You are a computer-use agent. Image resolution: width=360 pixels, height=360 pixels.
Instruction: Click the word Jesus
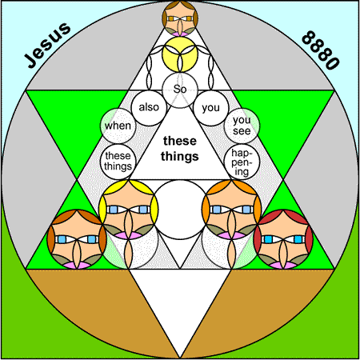48,45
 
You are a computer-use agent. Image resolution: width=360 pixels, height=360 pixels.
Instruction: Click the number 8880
321,50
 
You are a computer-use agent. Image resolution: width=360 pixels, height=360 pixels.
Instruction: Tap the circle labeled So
180,90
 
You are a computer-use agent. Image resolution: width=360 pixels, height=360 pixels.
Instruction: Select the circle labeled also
149,108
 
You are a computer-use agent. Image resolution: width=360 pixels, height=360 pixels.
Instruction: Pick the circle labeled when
118,126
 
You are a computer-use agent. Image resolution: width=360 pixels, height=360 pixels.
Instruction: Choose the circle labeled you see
242,126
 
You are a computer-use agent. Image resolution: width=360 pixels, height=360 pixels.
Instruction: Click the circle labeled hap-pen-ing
242,162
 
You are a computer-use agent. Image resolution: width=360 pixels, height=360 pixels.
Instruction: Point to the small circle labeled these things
118,162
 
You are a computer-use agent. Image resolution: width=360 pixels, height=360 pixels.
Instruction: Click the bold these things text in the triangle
180,149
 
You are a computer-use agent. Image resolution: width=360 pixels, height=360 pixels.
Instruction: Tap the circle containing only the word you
211,108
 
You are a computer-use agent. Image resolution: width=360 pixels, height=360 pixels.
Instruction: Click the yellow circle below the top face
180,54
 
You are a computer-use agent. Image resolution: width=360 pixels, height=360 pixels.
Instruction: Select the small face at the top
180,18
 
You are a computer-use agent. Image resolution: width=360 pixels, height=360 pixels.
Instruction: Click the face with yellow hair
128,210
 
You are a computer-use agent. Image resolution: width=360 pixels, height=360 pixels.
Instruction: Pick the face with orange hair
231,210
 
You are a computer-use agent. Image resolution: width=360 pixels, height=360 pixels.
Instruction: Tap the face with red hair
283,239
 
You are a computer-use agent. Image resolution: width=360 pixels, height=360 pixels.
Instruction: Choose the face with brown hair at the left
77,239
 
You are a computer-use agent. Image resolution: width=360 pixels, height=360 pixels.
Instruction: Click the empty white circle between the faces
180,210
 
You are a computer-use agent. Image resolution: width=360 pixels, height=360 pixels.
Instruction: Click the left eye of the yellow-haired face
114,210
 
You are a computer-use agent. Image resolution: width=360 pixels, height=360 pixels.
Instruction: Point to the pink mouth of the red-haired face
283,265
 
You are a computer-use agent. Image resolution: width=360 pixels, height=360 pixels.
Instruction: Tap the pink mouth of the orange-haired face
231,235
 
